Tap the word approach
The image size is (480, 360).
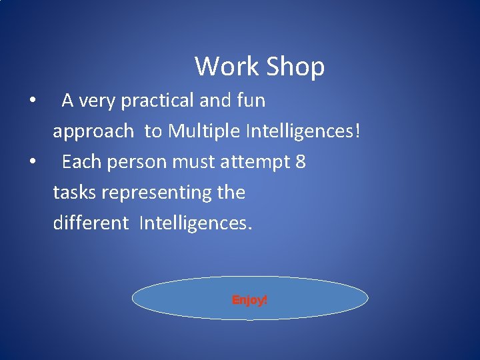[x=93, y=132]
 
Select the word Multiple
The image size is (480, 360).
[x=205, y=131]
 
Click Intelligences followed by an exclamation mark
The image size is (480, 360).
[x=303, y=131]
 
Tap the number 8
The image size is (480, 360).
[x=300, y=162]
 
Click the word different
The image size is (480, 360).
[x=90, y=223]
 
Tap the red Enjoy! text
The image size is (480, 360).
[x=249, y=300]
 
